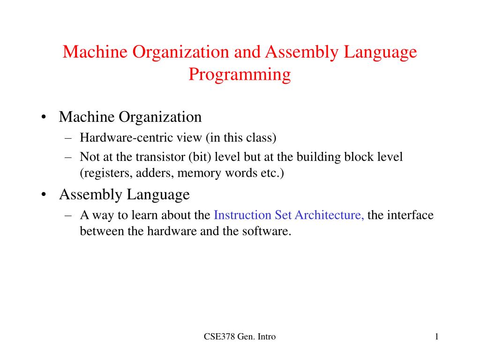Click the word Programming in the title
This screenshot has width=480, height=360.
(240, 75)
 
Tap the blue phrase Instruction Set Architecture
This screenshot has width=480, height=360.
(289, 215)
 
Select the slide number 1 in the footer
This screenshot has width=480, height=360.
(436, 337)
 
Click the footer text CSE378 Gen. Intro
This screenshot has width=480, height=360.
(240, 337)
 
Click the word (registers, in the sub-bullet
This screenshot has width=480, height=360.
(106, 173)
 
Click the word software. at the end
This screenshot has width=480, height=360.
(268, 231)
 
